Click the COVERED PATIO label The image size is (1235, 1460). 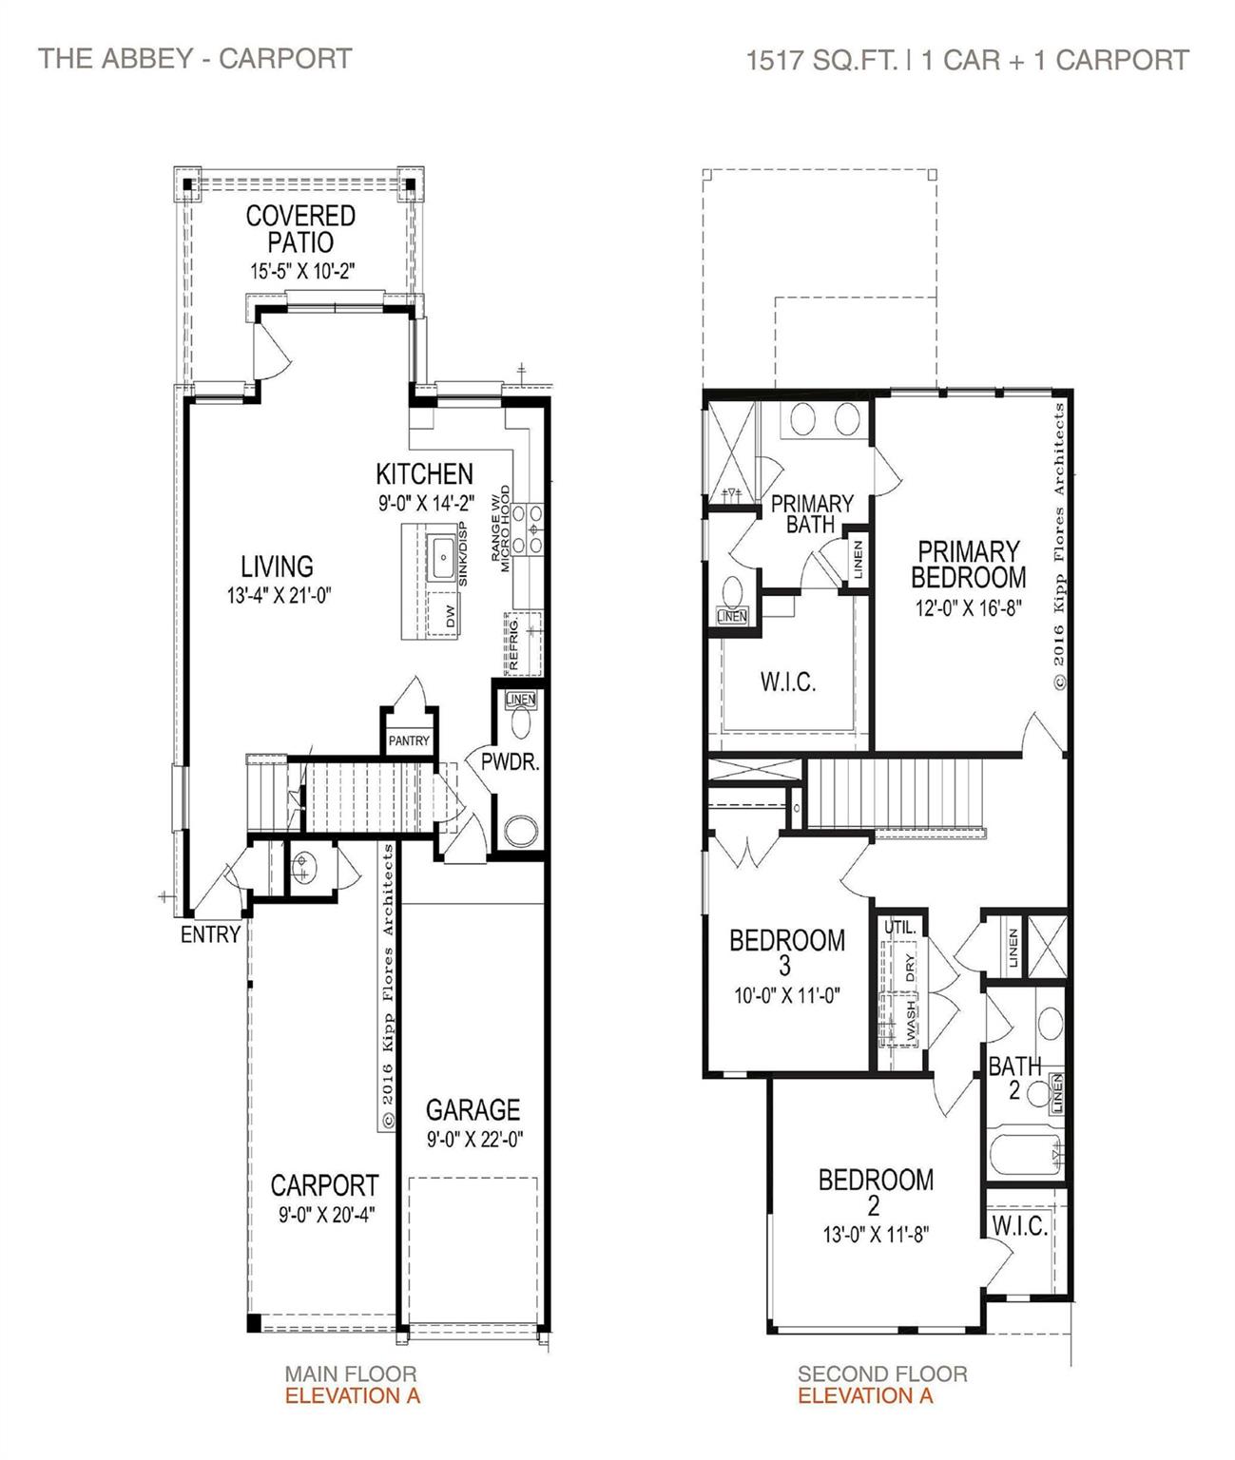[300, 229]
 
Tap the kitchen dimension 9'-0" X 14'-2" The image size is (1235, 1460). [425, 504]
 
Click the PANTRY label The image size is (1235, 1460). [409, 740]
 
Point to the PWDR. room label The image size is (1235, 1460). [511, 761]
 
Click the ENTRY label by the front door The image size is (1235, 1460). [210, 934]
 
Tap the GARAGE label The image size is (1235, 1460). [473, 1109]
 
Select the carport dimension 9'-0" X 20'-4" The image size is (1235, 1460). [324, 1214]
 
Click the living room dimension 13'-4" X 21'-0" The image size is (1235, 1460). [277, 596]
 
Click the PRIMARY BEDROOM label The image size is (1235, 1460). [968, 564]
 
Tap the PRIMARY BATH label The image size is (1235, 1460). [811, 513]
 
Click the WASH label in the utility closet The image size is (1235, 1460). [910, 1018]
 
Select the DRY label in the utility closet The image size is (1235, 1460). [910, 967]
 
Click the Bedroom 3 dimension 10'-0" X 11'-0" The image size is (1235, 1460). [786, 995]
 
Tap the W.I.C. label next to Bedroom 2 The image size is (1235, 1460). [1019, 1226]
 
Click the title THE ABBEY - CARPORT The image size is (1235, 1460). [195, 58]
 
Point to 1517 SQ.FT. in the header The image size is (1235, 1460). [821, 60]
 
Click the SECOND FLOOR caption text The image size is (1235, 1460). [882, 1374]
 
